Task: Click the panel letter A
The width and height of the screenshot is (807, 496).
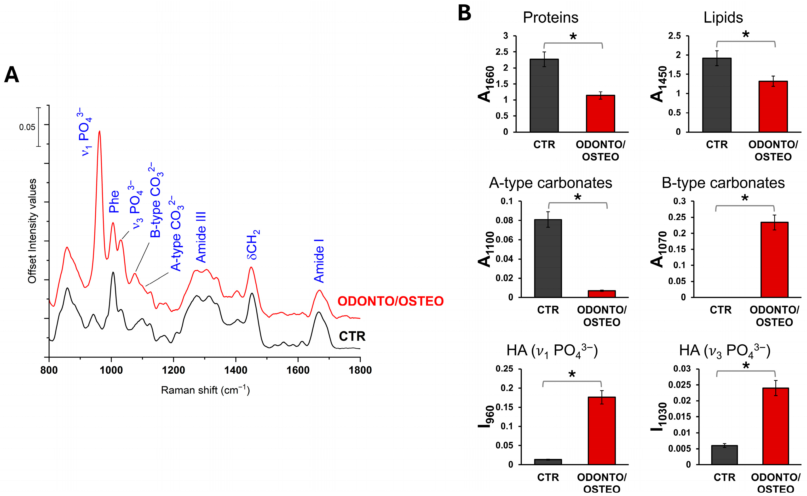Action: pos(12,75)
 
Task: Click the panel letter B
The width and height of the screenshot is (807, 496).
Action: pos(464,14)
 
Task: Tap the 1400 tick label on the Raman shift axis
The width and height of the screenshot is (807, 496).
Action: pos(236,370)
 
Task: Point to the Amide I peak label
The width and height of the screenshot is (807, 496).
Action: pos(319,261)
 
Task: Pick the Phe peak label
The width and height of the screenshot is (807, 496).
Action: pos(114,201)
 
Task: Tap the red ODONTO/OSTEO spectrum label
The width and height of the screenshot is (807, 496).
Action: pos(391,301)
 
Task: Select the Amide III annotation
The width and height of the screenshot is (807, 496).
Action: pos(201,237)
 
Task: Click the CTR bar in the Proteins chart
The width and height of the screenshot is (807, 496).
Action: pos(544,96)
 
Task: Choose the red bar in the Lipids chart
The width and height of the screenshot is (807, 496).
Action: pos(773,107)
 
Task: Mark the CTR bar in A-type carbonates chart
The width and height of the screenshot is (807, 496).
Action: pos(548,258)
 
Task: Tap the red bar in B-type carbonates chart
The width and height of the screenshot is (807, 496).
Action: pos(774,260)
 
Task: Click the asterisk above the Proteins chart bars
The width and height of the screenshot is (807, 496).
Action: pos(573,37)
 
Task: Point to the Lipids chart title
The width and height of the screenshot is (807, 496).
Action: pos(723,17)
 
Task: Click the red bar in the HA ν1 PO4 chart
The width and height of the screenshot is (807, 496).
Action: pos(602,431)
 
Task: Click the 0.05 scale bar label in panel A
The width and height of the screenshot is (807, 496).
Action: pos(27,127)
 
